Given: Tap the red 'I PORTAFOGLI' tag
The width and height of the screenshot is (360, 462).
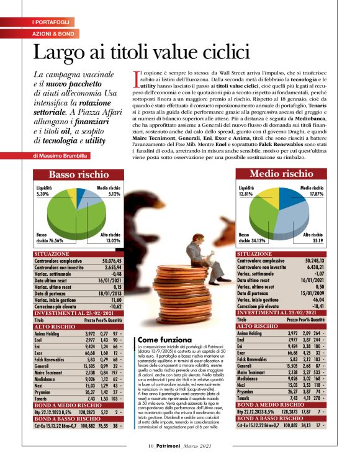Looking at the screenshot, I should (51, 22).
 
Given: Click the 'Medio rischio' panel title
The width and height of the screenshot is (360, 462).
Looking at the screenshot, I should (281, 174).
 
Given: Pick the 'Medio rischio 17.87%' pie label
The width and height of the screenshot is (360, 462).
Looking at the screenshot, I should (312, 189).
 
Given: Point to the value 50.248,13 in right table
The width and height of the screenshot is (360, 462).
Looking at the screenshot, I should (311, 262).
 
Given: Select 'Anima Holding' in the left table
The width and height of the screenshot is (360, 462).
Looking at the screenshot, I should (51, 333).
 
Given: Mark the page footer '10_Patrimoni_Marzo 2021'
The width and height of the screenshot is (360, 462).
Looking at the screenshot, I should (180, 445).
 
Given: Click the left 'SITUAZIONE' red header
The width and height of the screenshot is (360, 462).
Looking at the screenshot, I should (52, 255).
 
